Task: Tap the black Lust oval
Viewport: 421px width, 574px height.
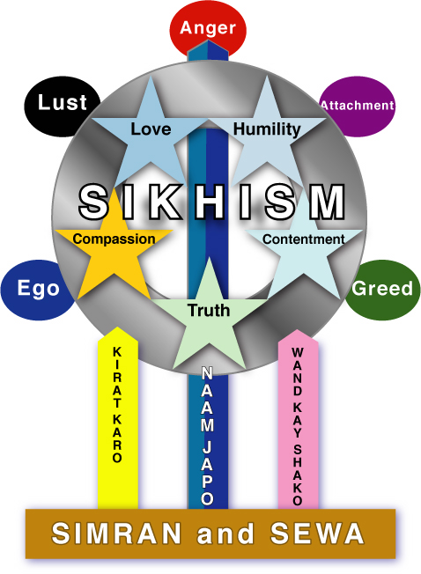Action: [62, 107]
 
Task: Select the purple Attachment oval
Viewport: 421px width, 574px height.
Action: [358, 107]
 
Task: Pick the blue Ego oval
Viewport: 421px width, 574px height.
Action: [37, 290]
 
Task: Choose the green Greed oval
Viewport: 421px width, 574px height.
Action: [383, 290]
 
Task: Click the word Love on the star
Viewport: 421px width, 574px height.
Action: [151, 129]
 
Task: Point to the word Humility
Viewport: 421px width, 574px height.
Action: [267, 130]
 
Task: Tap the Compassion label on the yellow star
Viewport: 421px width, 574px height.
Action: [114, 239]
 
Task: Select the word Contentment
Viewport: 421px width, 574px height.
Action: [304, 239]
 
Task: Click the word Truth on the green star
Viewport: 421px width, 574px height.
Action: [209, 311]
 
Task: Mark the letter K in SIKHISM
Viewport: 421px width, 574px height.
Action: [164, 202]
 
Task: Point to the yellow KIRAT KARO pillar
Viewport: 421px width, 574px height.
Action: [118, 417]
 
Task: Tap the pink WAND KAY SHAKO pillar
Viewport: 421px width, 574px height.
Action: [298, 419]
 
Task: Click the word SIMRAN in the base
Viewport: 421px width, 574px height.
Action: [116, 534]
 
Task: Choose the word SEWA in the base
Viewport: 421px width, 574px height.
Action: [317, 534]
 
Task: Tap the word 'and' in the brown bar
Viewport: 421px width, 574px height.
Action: [225, 534]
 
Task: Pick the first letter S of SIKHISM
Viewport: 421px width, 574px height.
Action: [94, 202]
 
